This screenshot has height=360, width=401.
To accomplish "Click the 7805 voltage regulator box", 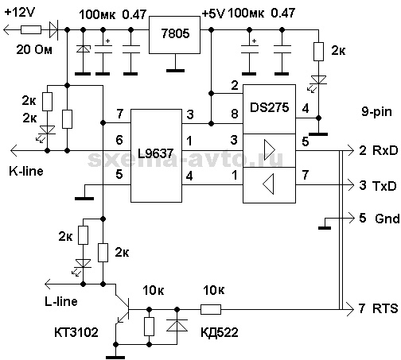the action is pyautogui.click(x=174, y=35).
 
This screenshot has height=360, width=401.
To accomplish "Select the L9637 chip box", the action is pyautogui.click(x=156, y=156).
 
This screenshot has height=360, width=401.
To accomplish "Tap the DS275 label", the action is pyautogui.click(x=269, y=107).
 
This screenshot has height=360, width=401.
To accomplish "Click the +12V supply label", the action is pyautogui.click(x=20, y=12).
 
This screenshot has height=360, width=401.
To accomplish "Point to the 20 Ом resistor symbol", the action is pyautogui.click(x=31, y=29).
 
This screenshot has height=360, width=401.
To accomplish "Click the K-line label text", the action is pyautogui.click(x=26, y=171).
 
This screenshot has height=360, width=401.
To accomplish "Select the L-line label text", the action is pyautogui.click(x=61, y=301).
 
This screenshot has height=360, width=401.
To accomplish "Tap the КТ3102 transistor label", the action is pyautogui.click(x=76, y=332).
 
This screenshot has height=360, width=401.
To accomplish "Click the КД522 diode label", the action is pyautogui.click(x=220, y=332).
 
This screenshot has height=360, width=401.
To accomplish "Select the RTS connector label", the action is pyautogui.click(x=385, y=308).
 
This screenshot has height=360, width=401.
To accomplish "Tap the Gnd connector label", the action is pyautogui.click(x=387, y=219).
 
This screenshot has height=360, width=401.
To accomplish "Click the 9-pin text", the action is pyautogui.click(x=376, y=112).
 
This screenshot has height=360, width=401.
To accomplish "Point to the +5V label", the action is pyautogui.click(x=213, y=14).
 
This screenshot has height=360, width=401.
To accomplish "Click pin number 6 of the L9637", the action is pyautogui.click(x=119, y=140).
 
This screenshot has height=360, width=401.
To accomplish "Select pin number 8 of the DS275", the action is pyautogui.click(x=235, y=114).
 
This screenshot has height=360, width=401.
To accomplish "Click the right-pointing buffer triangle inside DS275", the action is pyautogui.click(x=270, y=149).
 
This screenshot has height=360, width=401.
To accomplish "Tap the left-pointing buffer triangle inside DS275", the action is pyautogui.click(x=268, y=184).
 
